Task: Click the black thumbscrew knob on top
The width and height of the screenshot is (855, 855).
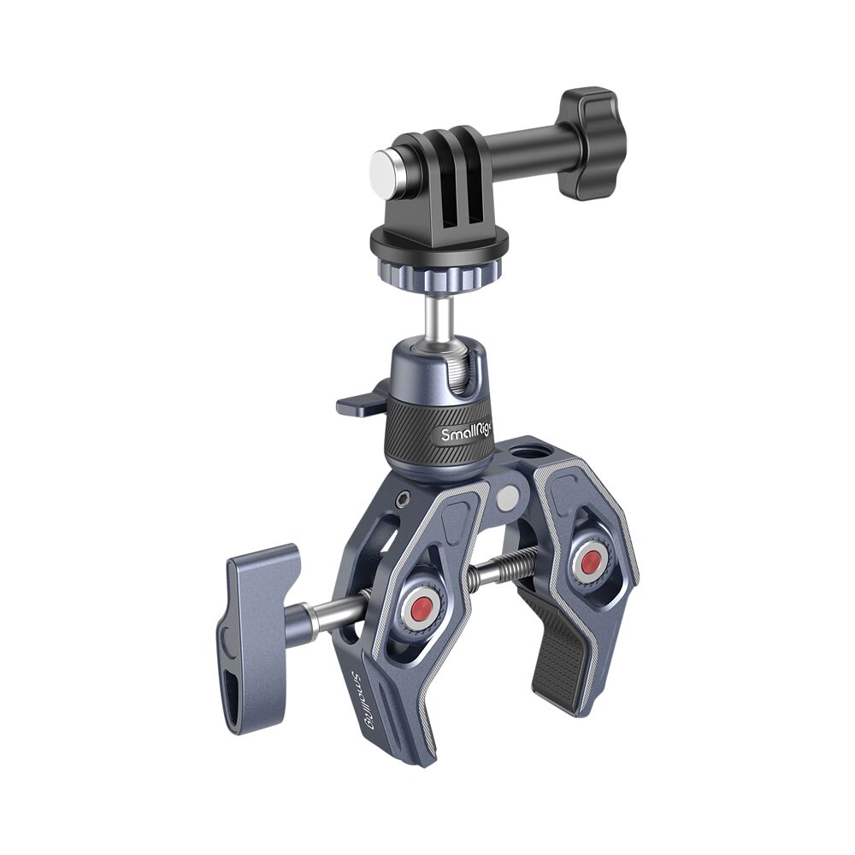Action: tap(592, 143)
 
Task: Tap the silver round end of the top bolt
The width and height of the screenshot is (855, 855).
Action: tap(386, 166)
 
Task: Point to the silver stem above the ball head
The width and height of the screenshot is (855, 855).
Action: tap(439, 316)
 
